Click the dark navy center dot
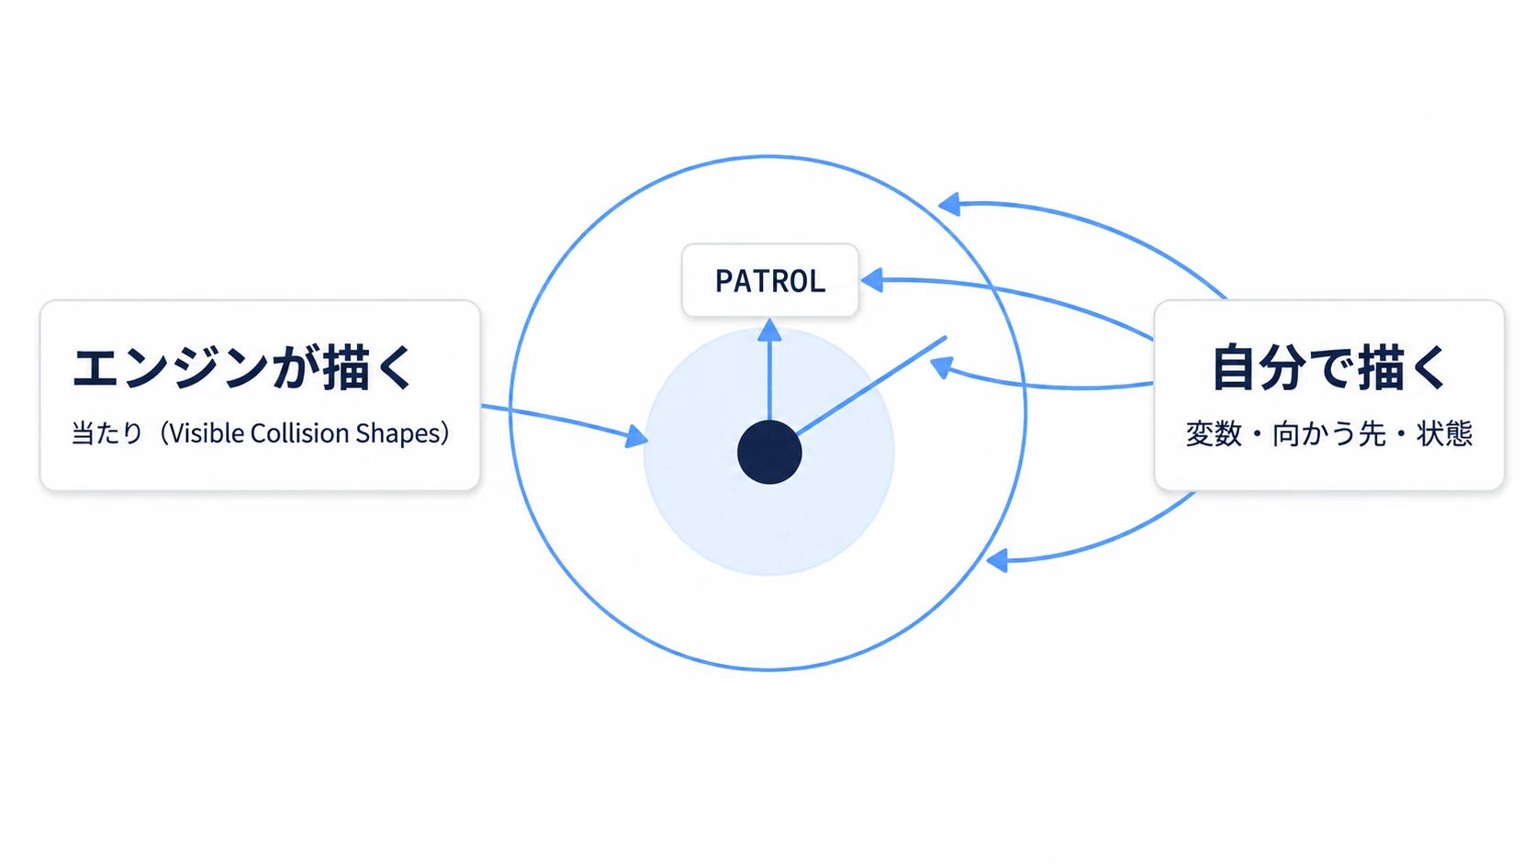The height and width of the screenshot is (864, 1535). click(x=769, y=453)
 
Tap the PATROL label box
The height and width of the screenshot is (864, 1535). click(x=770, y=280)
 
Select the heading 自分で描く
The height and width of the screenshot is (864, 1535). click(x=1330, y=368)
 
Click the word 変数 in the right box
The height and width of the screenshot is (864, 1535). click(x=1214, y=433)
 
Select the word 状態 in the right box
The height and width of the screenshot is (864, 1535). click(x=1444, y=433)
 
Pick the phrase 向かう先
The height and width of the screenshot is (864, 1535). click(x=1328, y=433)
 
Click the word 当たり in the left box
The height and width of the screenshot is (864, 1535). click(x=107, y=433)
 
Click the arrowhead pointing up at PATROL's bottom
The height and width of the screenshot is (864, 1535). click(x=769, y=331)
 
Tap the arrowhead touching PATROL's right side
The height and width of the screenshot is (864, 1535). click(x=871, y=280)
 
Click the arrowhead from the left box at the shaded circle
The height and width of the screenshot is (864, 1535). click(x=637, y=436)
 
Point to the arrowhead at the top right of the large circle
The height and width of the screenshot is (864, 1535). click(x=949, y=204)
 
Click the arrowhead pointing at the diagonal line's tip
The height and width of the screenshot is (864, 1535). click(x=942, y=367)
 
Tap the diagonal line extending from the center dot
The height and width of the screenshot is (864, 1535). click(x=871, y=386)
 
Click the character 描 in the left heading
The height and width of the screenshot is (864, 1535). click(x=347, y=368)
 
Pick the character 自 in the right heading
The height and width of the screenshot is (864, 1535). click(x=1236, y=368)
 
